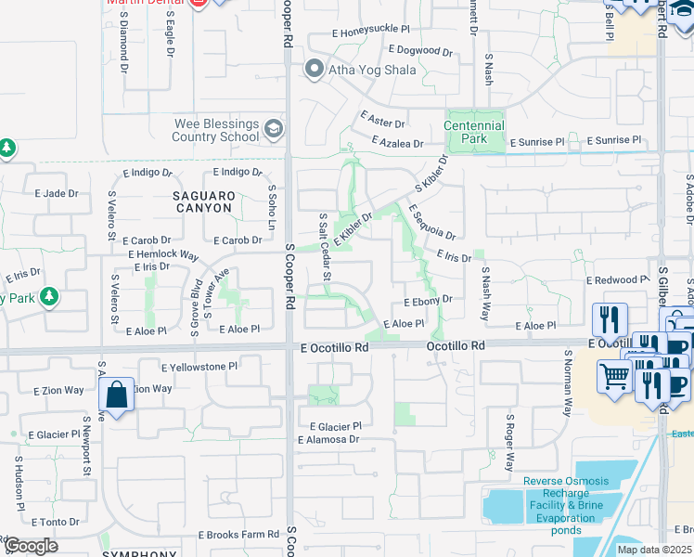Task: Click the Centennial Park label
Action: click(x=473, y=132)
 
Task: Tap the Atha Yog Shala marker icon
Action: click(x=314, y=68)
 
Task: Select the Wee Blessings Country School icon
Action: click(x=273, y=129)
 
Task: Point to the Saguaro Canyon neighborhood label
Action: click(x=202, y=201)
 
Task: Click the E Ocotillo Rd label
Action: click(x=334, y=347)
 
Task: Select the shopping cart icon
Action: click(x=614, y=376)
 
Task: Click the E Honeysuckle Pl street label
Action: click(x=369, y=31)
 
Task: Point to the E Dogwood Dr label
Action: click(x=420, y=50)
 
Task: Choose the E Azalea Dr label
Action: click(x=396, y=143)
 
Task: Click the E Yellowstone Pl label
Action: click(x=199, y=367)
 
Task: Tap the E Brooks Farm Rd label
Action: click(x=238, y=535)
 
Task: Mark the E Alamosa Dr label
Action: click(x=328, y=439)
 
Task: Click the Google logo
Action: click(x=30, y=546)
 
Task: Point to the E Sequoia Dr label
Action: click(x=431, y=224)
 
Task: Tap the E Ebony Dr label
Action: click(x=428, y=300)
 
